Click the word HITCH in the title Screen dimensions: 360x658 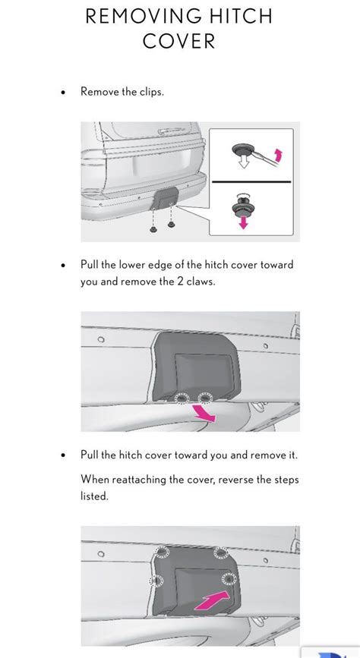pyautogui.click(x=241, y=17)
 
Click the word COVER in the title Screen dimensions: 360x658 pyautogui.click(x=179, y=41)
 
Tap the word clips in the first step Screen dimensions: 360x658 pyautogui.click(x=151, y=92)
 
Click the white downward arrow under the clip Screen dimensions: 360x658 pyautogui.click(x=243, y=162)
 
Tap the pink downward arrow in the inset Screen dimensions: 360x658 pyautogui.click(x=243, y=222)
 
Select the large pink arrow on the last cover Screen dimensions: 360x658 pyautogui.click(x=212, y=601)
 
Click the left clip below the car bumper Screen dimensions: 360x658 pyautogui.click(x=153, y=229)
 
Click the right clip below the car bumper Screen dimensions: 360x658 pyautogui.click(x=171, y=225)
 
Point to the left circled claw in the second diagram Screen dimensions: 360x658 pyautogui.click(x=182, y=398)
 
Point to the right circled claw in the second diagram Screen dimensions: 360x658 pyautogui.click(x=205, y=397)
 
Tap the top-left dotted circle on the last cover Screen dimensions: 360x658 pyautogui.click(x=162, y=552)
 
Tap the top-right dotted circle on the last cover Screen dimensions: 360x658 pyautogui.click(x=221, y=553)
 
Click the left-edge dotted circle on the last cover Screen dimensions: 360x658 pyautogui.click(x=156, y=581)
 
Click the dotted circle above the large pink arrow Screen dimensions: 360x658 pyautogui.click(x=229, y=579)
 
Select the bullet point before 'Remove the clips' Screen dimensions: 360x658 pyautogui.click(x=63, y=93)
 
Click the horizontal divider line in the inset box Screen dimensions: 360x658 pyautogui.click(x=251, y=181)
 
